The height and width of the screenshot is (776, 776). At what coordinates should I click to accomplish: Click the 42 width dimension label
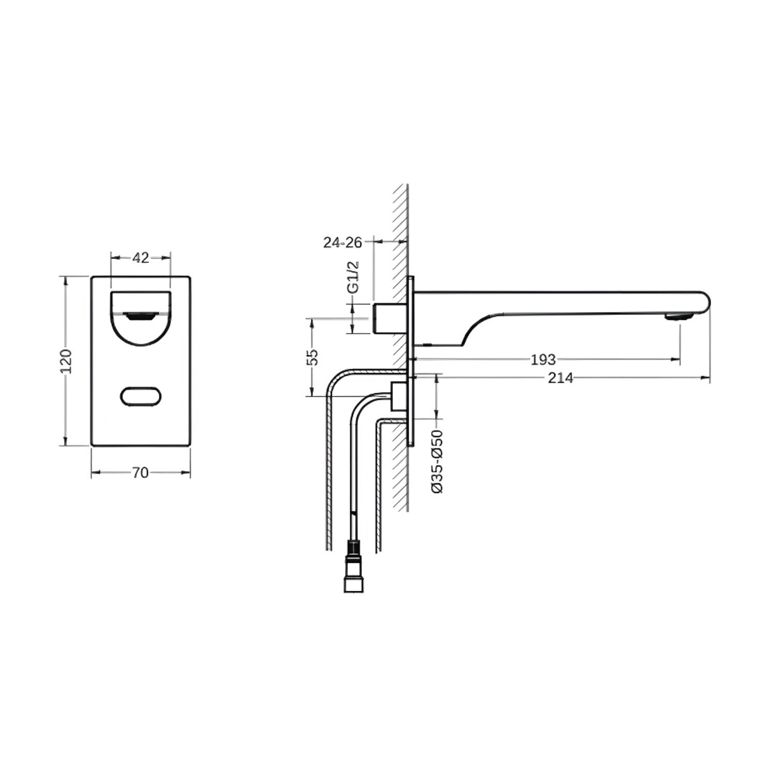pos(141,257)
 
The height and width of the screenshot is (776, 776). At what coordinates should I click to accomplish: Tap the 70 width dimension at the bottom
pos(140,472)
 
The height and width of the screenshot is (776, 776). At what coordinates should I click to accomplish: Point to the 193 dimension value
pos(543,359)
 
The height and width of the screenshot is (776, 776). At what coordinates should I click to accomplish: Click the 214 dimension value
pos(560,378)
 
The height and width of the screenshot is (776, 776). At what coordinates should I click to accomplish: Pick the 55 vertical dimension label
pos(312,357)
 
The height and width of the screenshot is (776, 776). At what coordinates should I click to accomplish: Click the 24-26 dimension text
pos(342,242)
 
